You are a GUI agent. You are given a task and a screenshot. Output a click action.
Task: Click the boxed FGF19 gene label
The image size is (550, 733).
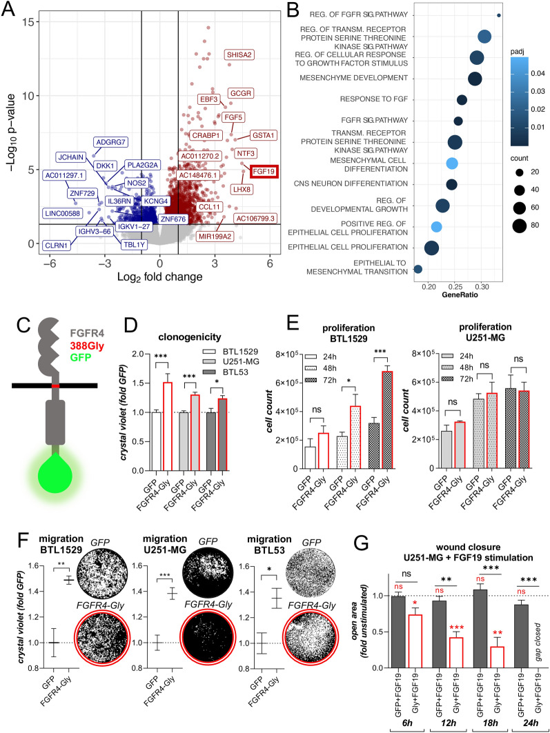(x=264, y=171)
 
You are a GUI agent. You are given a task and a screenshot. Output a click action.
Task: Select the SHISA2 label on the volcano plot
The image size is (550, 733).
(x=239, y=54)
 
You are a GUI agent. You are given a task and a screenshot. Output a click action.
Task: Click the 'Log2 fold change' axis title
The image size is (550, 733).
(x=160, y=277)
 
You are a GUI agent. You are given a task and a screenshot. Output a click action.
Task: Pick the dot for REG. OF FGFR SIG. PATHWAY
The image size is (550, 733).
(x=499, y=15)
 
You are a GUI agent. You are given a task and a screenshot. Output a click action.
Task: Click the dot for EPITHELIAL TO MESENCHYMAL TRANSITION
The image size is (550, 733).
(x=418, y=269)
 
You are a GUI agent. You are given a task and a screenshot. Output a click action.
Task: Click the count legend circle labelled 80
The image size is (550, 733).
(x=520, y=225)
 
